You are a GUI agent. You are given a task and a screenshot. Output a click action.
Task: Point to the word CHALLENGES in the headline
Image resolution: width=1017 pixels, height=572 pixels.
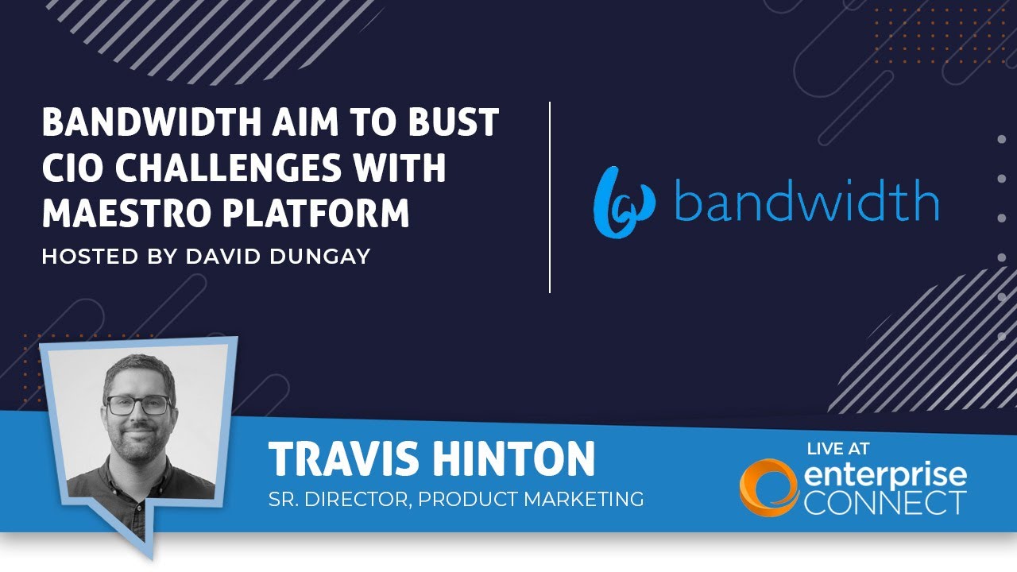[228, 167]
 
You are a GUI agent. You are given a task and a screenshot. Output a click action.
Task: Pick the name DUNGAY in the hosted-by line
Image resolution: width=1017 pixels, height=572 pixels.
[320, 256]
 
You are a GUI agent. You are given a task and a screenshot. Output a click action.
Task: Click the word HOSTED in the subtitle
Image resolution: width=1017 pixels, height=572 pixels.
[90, 256]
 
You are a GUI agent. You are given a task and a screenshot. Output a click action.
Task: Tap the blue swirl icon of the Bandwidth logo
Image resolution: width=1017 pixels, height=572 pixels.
[625, 203]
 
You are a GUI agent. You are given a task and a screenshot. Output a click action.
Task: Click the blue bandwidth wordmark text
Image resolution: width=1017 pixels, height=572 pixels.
[806, 199]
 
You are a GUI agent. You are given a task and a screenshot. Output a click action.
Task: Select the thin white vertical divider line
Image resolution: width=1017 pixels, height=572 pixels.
[550, 197]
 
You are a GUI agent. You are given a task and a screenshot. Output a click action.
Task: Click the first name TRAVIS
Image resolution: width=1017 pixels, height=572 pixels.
[344, 458]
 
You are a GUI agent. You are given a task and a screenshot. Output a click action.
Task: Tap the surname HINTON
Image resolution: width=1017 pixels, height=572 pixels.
[513, 458]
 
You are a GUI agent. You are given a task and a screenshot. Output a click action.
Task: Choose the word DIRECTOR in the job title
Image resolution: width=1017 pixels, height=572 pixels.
[358, 499]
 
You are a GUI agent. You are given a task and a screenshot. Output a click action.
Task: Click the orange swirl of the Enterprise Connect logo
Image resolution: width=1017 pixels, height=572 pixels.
[768, 488]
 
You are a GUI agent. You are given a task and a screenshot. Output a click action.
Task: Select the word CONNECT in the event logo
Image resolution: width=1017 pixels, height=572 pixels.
[885, 503]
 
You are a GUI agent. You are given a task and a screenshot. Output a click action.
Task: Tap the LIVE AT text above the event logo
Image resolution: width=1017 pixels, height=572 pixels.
[837, 449]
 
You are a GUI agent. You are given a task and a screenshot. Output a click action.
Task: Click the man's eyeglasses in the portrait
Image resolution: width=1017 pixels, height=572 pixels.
[138, 405]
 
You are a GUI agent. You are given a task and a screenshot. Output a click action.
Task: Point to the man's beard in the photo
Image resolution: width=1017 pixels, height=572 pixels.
[138, 443]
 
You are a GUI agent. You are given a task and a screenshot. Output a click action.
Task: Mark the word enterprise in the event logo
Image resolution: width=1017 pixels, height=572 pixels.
[885, 476]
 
